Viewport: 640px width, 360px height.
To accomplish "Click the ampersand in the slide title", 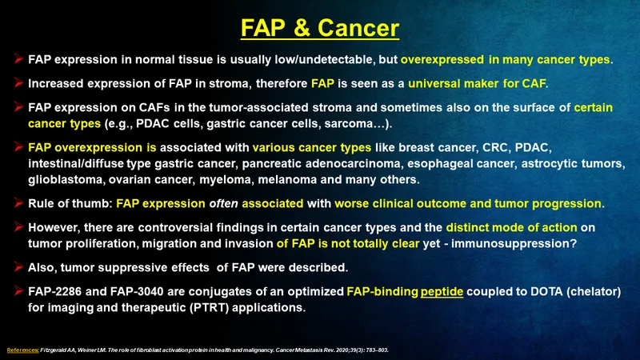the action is coord(302,28).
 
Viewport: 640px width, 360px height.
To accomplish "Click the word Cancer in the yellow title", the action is coord(358,28).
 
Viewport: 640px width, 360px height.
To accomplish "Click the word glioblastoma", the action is coord(66,180).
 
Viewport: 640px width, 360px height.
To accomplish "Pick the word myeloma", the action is coord(226,180).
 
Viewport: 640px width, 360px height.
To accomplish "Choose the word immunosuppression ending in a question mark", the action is coord(514,244).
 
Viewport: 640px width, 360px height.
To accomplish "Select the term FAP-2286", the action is coord(54,292).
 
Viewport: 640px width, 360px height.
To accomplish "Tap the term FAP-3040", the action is coord(137,292).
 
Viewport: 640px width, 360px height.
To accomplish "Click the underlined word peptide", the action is coord(442,292).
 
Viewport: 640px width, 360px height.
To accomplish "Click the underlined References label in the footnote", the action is coord(23,350).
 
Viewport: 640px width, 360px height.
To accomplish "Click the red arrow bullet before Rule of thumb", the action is coord(18,202).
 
